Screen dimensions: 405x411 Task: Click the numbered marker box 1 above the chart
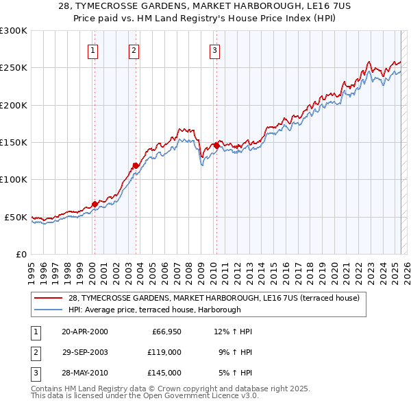click(92, 49)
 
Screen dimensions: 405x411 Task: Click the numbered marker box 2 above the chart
click(134, 49)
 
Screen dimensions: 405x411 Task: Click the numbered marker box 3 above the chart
click(214, 49)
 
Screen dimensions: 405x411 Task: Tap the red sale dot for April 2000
click(95, 204)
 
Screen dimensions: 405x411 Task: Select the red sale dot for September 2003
click(136, 165)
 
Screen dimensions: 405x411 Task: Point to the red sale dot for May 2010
click(216, 146)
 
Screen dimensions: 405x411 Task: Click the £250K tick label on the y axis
click(14, 68)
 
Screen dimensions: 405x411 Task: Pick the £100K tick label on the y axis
click(14, 179)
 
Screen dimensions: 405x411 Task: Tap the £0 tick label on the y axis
click(21, 254)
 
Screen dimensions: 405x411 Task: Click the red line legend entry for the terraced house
click(218, 299)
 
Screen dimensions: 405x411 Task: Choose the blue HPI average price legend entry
click(154, 310)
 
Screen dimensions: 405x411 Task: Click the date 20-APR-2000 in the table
click(84, 332)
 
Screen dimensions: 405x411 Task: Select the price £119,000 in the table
click(164, 352)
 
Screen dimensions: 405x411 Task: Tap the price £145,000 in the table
click(164, 373)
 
